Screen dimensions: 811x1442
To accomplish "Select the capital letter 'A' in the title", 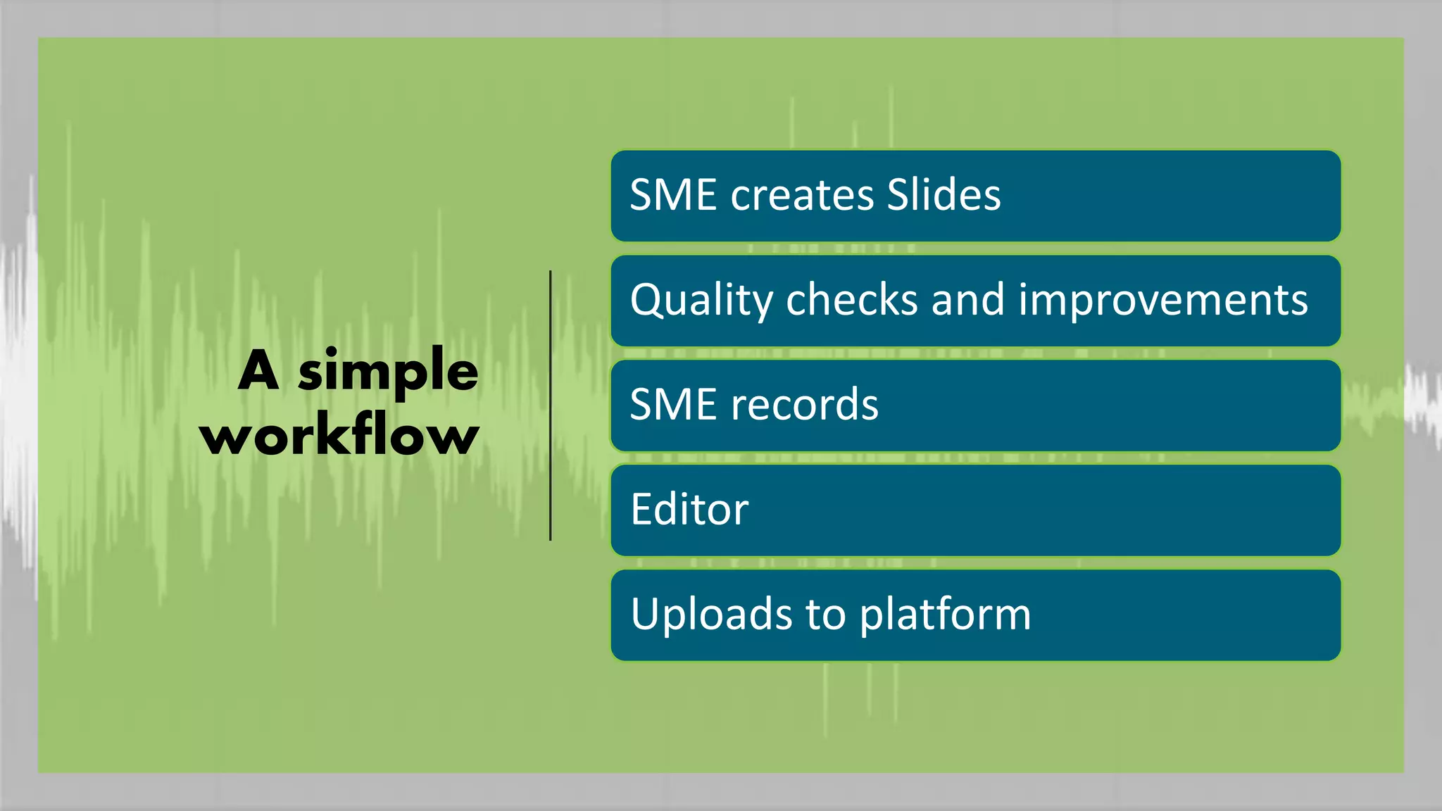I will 259,370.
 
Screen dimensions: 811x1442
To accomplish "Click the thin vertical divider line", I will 551,405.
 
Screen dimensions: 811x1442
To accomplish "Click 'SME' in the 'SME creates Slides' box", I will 672,195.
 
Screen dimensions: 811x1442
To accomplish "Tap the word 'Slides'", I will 943,195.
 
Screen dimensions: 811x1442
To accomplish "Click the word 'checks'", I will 852,300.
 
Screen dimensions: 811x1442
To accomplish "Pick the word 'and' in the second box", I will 968,300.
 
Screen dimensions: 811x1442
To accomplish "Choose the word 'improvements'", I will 1163,301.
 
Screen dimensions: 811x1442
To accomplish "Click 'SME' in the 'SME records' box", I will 672,405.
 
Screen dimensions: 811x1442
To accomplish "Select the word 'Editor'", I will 689,510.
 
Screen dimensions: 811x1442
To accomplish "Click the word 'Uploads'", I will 711,615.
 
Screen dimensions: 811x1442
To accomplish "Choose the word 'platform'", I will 945,615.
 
